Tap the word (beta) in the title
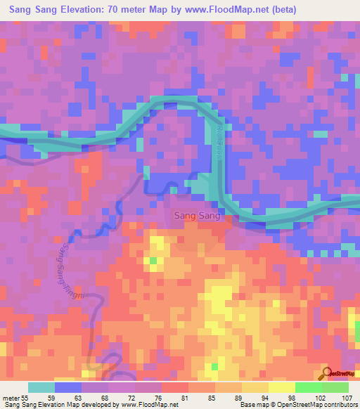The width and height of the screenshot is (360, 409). coord(280,10)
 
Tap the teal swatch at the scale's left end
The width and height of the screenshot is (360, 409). coord(41,387)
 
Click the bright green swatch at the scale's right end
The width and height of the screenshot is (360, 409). coord(335,387)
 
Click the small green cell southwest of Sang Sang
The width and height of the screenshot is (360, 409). coord(153,261)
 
